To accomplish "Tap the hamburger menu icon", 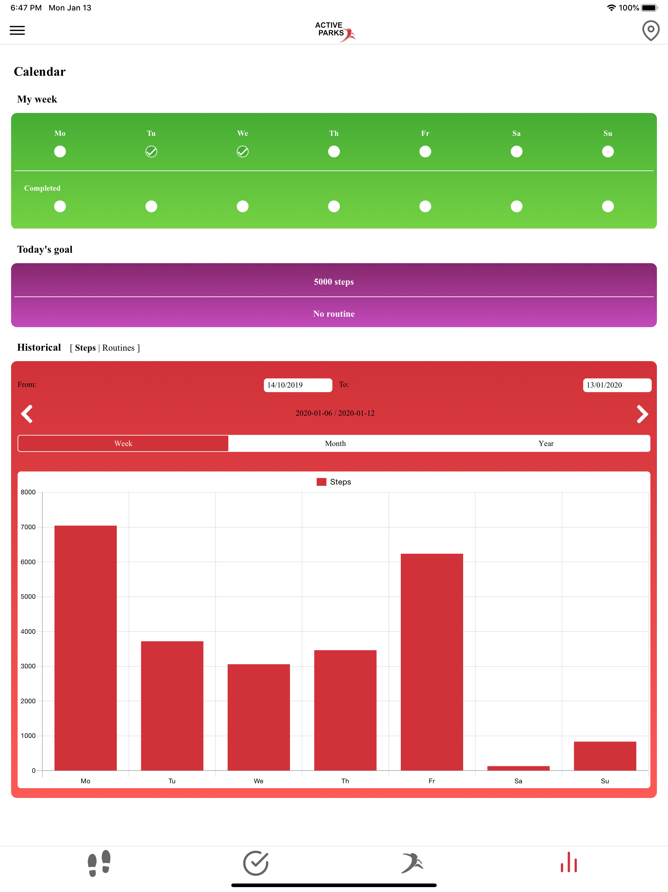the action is [x=17, y=30].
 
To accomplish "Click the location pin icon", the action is [x=650, y=31].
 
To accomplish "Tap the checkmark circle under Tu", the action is [x=151, y=151].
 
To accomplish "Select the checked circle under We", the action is [x=243, y=151].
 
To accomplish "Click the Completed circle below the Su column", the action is [x=608, y=206].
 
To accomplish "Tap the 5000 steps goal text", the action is [x=334, y=282].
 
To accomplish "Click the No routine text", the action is [x=334, y=314].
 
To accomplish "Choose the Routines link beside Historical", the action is [x=118, y=348].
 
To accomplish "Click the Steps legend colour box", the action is [x=321, y=482].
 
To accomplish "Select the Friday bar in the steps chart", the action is [x=432, y=662].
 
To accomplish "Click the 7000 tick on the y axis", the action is [x=28, y=527].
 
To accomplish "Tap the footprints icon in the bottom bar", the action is [x=99, y=863].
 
